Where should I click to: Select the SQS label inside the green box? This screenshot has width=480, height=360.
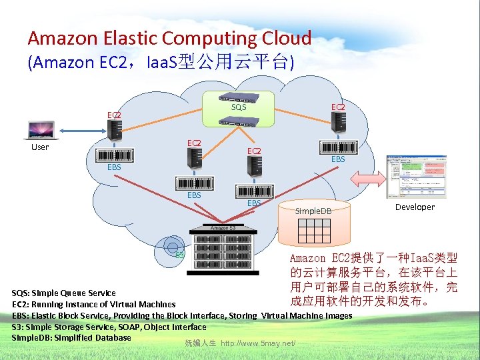[x=239, y=107]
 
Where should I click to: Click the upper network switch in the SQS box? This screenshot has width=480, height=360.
[x=238, y=97]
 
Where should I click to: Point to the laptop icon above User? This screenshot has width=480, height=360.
[x=41, y=129]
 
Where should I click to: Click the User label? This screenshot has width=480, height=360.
[x=40, y=147]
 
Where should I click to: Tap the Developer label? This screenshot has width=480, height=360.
[x=415, y=207]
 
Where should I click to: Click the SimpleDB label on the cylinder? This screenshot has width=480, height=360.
[x=313, y=211]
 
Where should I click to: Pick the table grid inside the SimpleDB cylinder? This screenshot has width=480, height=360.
[x=313, y=230]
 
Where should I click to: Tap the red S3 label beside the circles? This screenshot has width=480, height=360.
[x=179, y=254]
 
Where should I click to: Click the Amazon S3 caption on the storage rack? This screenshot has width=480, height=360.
[x=223, y=228]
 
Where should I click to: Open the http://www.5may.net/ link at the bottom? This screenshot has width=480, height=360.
[x=258, y=343]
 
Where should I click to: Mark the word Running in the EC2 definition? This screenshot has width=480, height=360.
[x=55, y=304]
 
